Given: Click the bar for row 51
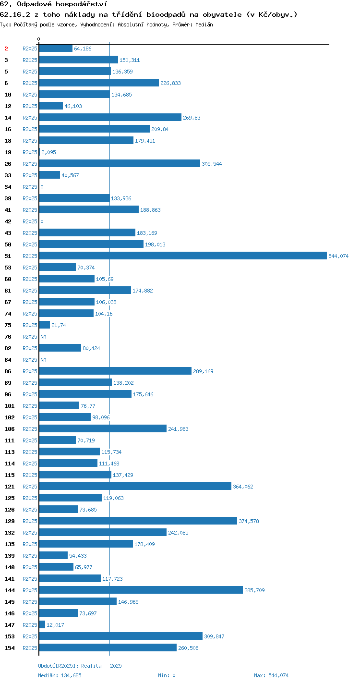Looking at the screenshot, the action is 183,256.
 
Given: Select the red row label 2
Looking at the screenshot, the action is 6,49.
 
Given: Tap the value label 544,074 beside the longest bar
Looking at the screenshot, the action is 338,256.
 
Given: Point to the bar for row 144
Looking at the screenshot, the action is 141,590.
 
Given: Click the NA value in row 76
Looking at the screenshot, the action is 43,337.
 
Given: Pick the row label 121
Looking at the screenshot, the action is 10,487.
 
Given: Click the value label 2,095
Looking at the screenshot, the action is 49,152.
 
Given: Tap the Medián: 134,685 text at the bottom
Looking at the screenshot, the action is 60,675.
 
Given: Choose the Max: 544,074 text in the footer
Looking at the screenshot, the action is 271,675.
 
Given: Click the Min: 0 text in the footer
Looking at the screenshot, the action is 167,675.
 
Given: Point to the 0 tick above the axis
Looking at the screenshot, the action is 38,39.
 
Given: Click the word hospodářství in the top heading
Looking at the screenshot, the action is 82,4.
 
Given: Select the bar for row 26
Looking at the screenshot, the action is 120,163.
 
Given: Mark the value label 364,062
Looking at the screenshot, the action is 243,487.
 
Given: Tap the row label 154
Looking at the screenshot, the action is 10,647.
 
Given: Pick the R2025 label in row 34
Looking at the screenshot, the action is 30,186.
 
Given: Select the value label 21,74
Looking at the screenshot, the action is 59,325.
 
